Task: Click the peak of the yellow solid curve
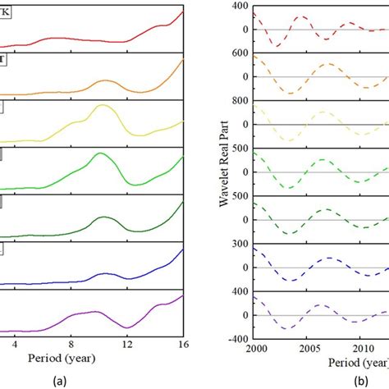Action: [x=103, y=106]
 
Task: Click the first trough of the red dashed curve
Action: [x=277, y=45]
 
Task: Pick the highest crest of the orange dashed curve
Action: [x=327, y=64]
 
